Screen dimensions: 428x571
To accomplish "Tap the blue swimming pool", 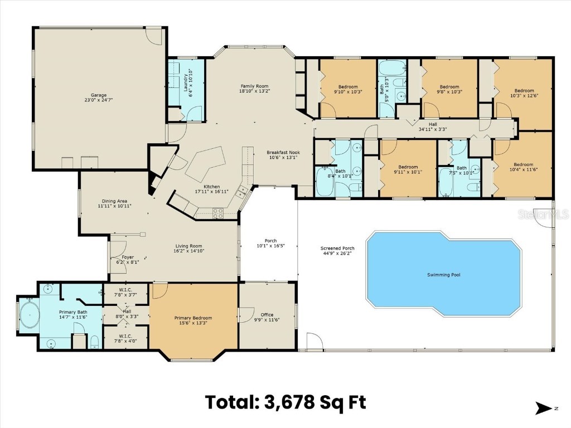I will coord(443,273).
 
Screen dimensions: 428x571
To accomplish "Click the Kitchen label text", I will coord(211,187).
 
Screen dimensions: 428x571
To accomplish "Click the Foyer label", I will coord(128,257).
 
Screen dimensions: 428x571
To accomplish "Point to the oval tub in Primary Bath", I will coord(28,316).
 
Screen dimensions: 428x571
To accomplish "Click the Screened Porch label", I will coord(337,249).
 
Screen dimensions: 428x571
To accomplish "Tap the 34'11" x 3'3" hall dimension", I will coord(433,129).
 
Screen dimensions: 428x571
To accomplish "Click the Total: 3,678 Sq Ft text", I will coord(285,401).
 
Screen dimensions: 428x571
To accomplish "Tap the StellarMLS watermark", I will coord(551,213).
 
